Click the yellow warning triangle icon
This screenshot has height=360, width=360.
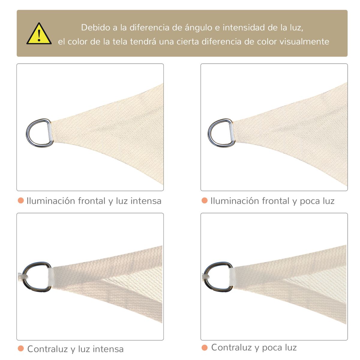pos(39,34)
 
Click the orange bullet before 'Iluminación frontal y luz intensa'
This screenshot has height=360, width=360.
pos(21,200)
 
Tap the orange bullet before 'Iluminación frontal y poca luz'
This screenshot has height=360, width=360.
pos(205,200)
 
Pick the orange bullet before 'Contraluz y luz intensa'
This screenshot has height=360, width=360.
pos(21,349)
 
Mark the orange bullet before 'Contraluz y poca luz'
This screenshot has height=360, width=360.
pos(205,347)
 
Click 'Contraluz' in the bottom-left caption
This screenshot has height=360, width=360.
pos(48,349)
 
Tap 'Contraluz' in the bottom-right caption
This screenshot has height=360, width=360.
pos(232,347)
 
